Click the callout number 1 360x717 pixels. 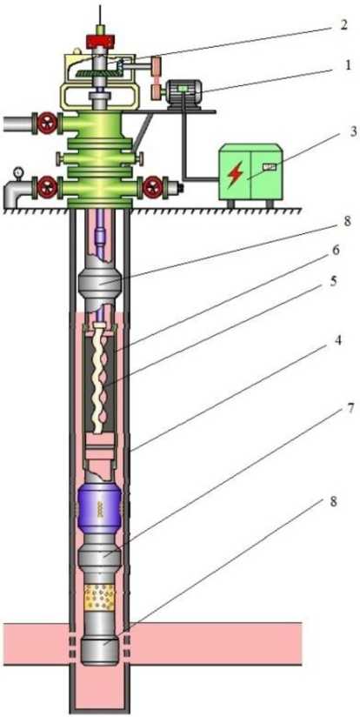349,65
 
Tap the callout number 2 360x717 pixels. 344,24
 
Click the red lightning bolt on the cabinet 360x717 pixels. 235,174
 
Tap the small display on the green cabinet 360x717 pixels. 269,167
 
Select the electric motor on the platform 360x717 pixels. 184,93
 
